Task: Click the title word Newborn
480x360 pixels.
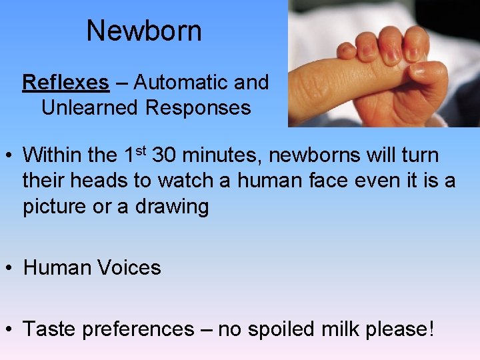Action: (144, 31)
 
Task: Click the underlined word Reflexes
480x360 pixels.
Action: (65, 83)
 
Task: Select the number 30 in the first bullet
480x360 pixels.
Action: (164, 156)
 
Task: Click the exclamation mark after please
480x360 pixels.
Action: (431, 329)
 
